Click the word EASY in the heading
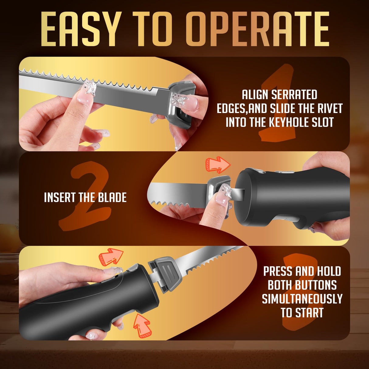(x=81, y=29)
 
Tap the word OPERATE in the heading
(x=257, y=29)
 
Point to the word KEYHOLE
(x=286, y=122)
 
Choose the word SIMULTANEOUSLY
(x=302, y=299)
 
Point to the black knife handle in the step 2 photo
(x=292, y=198)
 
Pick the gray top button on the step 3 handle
(x=133, y=268)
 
